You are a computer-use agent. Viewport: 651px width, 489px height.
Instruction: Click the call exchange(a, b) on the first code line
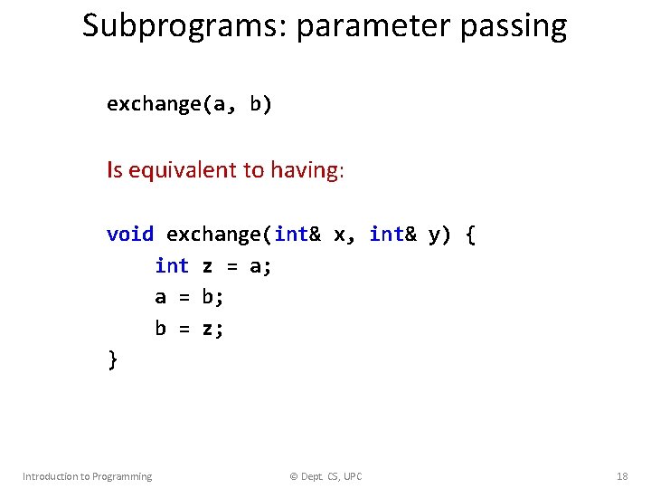(x=189, y=104)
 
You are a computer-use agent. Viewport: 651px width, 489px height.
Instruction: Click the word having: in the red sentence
(x=307, y=169)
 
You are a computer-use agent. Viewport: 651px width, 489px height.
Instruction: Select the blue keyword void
(x=130, y=235)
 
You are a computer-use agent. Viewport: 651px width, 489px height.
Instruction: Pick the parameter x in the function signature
(x=340, y=235)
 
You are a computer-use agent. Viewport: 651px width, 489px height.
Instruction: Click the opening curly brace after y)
(x=469, y=235)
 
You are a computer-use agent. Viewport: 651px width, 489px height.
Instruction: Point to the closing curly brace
(x=112, y=360)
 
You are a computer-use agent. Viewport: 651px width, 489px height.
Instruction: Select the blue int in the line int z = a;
(x=172, y=266)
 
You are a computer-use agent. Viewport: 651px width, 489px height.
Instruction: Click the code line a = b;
(x=189, y=297)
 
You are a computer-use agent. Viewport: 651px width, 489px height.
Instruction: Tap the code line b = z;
(x=189, y=329)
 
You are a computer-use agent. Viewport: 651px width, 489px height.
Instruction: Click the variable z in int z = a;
(x=208, y=266)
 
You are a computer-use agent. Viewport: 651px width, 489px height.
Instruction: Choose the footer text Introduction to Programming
(x=87, y=476)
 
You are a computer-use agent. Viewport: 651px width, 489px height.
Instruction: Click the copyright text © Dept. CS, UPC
(x=325, y=476)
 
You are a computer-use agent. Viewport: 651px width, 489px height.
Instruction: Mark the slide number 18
(x=621, y=476)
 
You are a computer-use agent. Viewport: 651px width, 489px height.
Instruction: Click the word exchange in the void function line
(x=214, y=235)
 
